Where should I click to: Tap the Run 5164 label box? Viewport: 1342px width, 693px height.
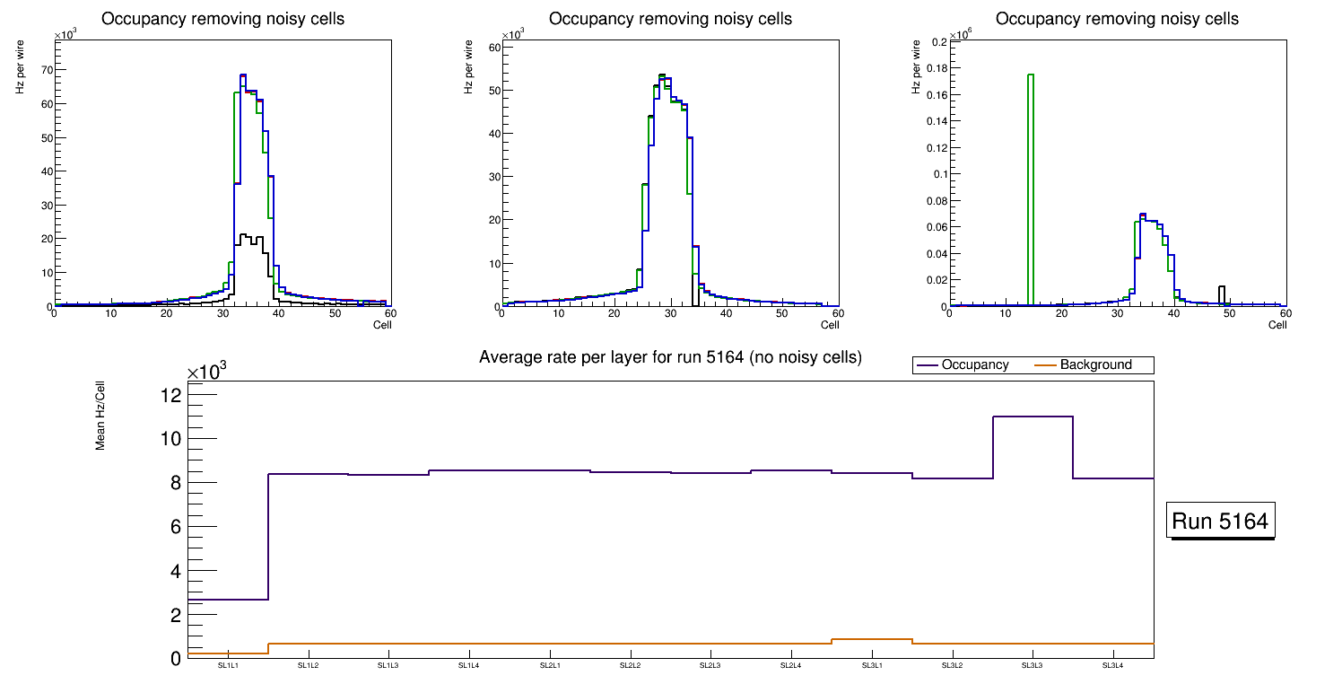pos(1220,521)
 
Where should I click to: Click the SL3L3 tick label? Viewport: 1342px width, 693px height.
pos(1032,665)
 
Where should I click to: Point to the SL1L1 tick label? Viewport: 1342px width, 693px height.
pos(228,665)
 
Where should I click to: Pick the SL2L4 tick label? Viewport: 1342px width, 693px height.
pos(790,665)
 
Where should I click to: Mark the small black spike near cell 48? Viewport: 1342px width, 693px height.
pos(1221,294)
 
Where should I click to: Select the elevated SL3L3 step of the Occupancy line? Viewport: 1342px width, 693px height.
pos(1033,417)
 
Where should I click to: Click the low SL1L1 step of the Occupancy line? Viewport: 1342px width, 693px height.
pos(228,599)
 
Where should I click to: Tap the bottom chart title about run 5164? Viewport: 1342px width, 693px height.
pos(670,357)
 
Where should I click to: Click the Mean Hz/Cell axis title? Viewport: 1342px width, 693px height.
pos(101,416)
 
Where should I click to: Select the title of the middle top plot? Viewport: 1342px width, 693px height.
pos(670,19)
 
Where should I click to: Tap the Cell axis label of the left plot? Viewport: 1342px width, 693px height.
pos(382,324)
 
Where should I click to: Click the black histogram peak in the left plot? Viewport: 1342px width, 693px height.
pos(244,236)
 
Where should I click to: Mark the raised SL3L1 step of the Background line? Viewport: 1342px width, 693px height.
pos(871,639)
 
